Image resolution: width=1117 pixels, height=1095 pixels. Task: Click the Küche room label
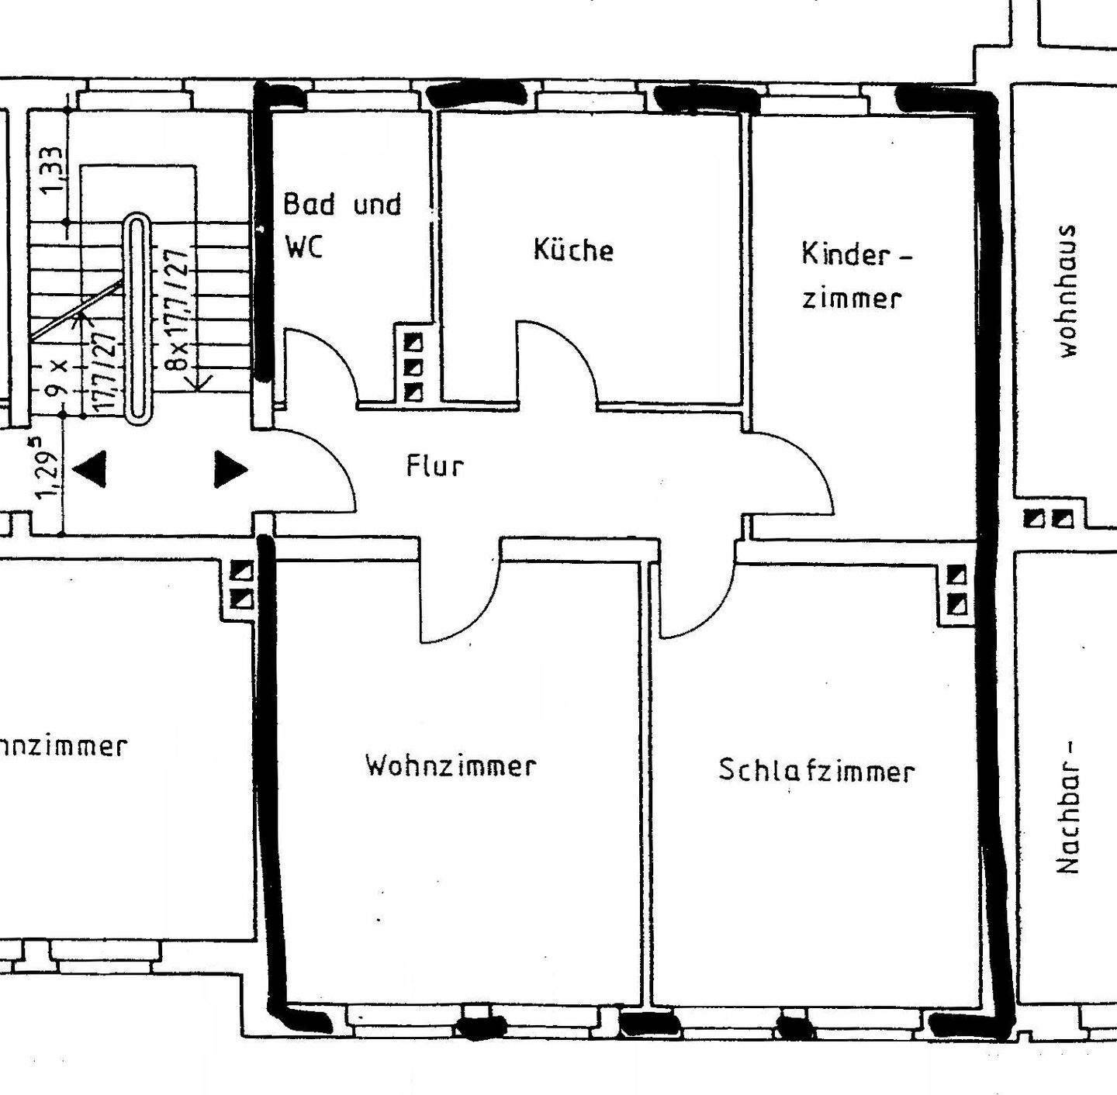pos(573,250)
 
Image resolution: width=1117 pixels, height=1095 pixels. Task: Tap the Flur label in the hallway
pos(434,466)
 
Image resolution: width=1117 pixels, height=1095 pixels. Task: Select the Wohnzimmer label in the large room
pos(451,765)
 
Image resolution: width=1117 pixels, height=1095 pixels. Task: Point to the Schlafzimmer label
pos(816,770)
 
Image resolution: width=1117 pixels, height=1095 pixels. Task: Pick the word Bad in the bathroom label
pos(310,204)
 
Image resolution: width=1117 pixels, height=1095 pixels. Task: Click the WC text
pos(304,247)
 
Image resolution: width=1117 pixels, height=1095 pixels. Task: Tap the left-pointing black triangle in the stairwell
pos(89,470)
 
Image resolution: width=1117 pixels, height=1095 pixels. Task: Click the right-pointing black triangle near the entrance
pos(230,469)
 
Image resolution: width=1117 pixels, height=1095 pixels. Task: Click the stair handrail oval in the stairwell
pos(138,318)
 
